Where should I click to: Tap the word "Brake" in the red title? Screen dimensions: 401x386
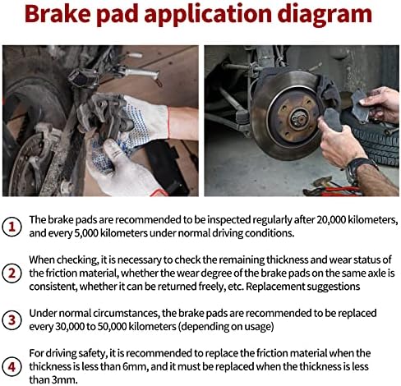click(58, 13)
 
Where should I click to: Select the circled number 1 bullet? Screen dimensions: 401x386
click(12, 227)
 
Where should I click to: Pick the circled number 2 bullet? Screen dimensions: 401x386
click(12, 273)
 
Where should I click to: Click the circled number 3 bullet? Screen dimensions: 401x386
click(12, 319)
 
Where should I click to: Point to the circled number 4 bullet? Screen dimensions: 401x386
click(12, 366)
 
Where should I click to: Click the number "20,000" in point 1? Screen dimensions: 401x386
click(331, 220)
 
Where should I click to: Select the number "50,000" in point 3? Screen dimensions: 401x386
click(112, 326)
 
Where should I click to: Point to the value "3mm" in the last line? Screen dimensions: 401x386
click(65, 379)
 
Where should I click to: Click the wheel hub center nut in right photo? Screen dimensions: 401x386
click(299, 119)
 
